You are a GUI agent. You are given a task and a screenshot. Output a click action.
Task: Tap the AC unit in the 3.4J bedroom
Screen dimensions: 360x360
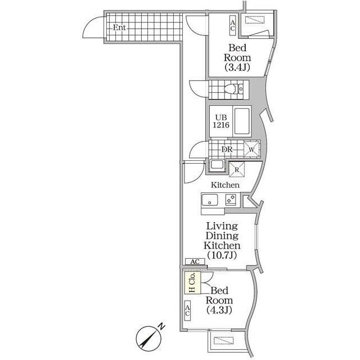tap(232, 25)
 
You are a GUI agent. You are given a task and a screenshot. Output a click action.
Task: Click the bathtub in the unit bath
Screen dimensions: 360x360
tap(243, 121)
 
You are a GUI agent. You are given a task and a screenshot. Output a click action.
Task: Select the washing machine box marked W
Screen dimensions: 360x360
tap(251, 149)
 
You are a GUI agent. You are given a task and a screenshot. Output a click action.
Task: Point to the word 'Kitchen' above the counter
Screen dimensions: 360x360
tap(225, 185)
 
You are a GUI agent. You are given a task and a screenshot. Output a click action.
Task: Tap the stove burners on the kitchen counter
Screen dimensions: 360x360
tap(231, 199)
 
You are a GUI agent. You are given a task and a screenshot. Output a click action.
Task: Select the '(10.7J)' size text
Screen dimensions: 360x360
tap(223, 255)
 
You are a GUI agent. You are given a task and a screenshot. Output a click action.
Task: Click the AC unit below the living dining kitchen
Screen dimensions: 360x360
tap(195, 262)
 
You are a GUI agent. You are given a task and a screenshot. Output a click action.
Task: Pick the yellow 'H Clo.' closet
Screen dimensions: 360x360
tap(191, 283)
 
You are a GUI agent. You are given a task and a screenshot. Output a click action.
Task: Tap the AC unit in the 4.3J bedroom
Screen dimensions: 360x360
tap(188, 308)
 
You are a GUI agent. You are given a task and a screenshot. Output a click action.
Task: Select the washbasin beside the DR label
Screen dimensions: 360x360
tap(217, 165)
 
